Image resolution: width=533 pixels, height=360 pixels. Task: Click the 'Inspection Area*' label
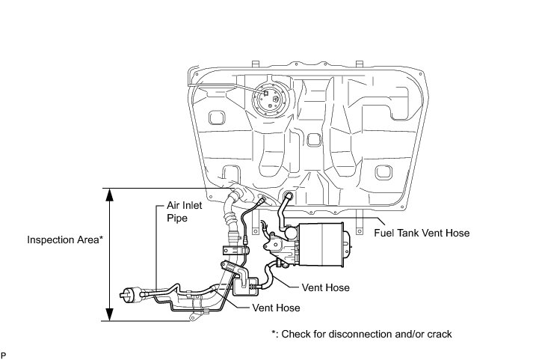[65, 240]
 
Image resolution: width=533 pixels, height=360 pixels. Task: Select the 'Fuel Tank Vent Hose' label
[422, 233]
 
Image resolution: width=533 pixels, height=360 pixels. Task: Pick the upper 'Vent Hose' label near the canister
[326, 287]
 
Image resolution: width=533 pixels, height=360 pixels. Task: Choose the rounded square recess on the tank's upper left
[218, 118]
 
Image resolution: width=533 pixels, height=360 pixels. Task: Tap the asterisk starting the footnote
[274, 333]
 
